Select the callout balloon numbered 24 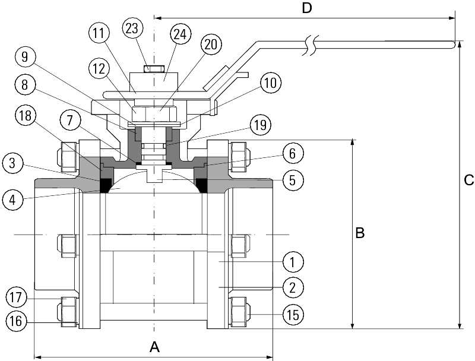pos(180,34)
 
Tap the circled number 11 pos(100,34)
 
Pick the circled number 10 pos(271,83)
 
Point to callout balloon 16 pos(17,321)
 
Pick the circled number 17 pos(17,296)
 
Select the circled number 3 pos(13,161)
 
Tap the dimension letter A pos(154,346)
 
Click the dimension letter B pos(360,233)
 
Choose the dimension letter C pos(468,181)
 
